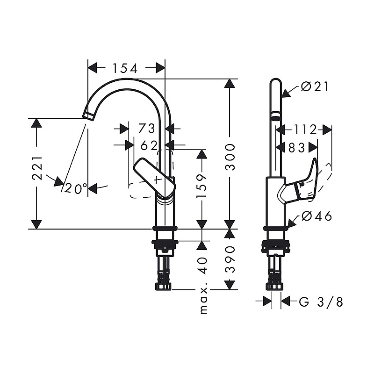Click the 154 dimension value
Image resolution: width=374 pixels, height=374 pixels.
click(x=125, y=68)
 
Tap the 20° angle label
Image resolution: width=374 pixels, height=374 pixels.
click(x=76, y=188)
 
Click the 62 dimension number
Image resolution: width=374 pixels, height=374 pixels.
click(x=149, y=145)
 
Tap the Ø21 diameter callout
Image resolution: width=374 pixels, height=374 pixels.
click(x=316, y=86)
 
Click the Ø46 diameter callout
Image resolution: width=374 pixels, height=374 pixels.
click(x=316, y=216)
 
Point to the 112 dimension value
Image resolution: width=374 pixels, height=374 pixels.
click(x=306, y=129)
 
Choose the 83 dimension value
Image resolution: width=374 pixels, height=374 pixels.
click(x=297, y=148)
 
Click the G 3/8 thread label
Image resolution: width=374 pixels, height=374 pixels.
click(x=321, y=302)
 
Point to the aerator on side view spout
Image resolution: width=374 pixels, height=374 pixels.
click(x=276, y=116)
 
